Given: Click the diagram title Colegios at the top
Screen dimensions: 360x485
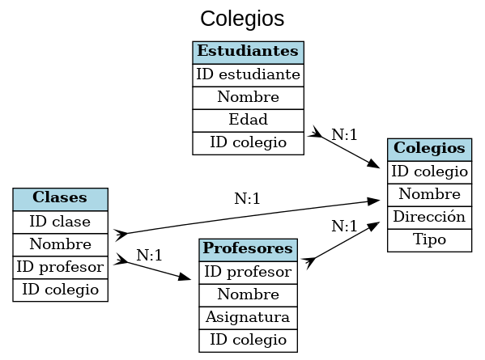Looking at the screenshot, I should [242, 19].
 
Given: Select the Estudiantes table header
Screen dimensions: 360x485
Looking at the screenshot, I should [248, 52].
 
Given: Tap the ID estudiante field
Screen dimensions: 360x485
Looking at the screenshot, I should [248, 74].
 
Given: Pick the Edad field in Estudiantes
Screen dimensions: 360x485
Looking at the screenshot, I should [248, 120].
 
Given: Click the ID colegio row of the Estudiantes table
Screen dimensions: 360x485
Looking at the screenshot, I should [248, 142].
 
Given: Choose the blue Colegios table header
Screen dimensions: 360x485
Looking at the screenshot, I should [429, 149].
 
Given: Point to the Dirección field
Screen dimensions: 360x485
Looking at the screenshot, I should [429, 217].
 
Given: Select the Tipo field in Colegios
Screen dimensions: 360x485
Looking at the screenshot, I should [429, 239].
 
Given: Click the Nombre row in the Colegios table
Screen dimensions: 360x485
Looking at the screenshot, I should [429, 194].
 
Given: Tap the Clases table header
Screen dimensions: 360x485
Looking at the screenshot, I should [61, 198].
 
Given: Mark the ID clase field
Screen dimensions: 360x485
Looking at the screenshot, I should [61, 221].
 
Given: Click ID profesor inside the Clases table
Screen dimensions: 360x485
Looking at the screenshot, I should [61, 266].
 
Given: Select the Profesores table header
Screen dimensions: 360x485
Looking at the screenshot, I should [248, 248].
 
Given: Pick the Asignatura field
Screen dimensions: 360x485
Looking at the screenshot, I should [248, 316].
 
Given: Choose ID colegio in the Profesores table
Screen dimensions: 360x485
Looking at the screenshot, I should [248, 339].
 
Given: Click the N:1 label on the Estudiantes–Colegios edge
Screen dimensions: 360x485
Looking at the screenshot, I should [344, 134].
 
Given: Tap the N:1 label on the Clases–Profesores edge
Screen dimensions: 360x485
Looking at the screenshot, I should [150, 255].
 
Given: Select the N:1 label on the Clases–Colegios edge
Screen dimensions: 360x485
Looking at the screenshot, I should [247, 198].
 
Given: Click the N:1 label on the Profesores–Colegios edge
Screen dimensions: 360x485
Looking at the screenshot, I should [344, 226].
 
